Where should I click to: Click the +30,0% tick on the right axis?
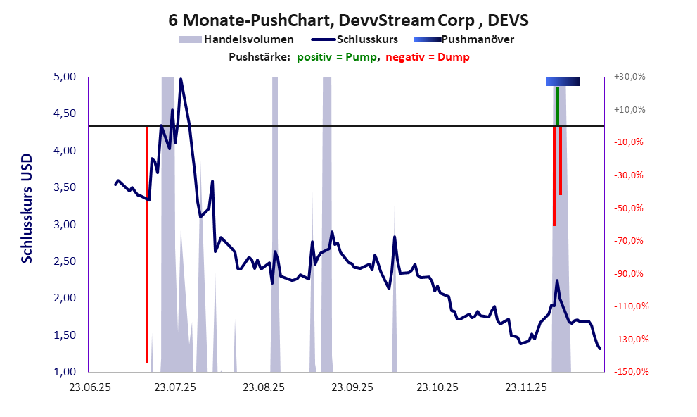point(630,77)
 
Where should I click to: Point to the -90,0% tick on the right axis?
point(630,273)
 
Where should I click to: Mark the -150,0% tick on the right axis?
point(630,371)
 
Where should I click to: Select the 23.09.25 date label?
point(352,387)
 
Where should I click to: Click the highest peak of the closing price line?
point(181,80)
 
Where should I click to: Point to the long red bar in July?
point(146,247)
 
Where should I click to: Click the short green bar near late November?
point(558,106)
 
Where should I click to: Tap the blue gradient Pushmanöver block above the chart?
point(563,82)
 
